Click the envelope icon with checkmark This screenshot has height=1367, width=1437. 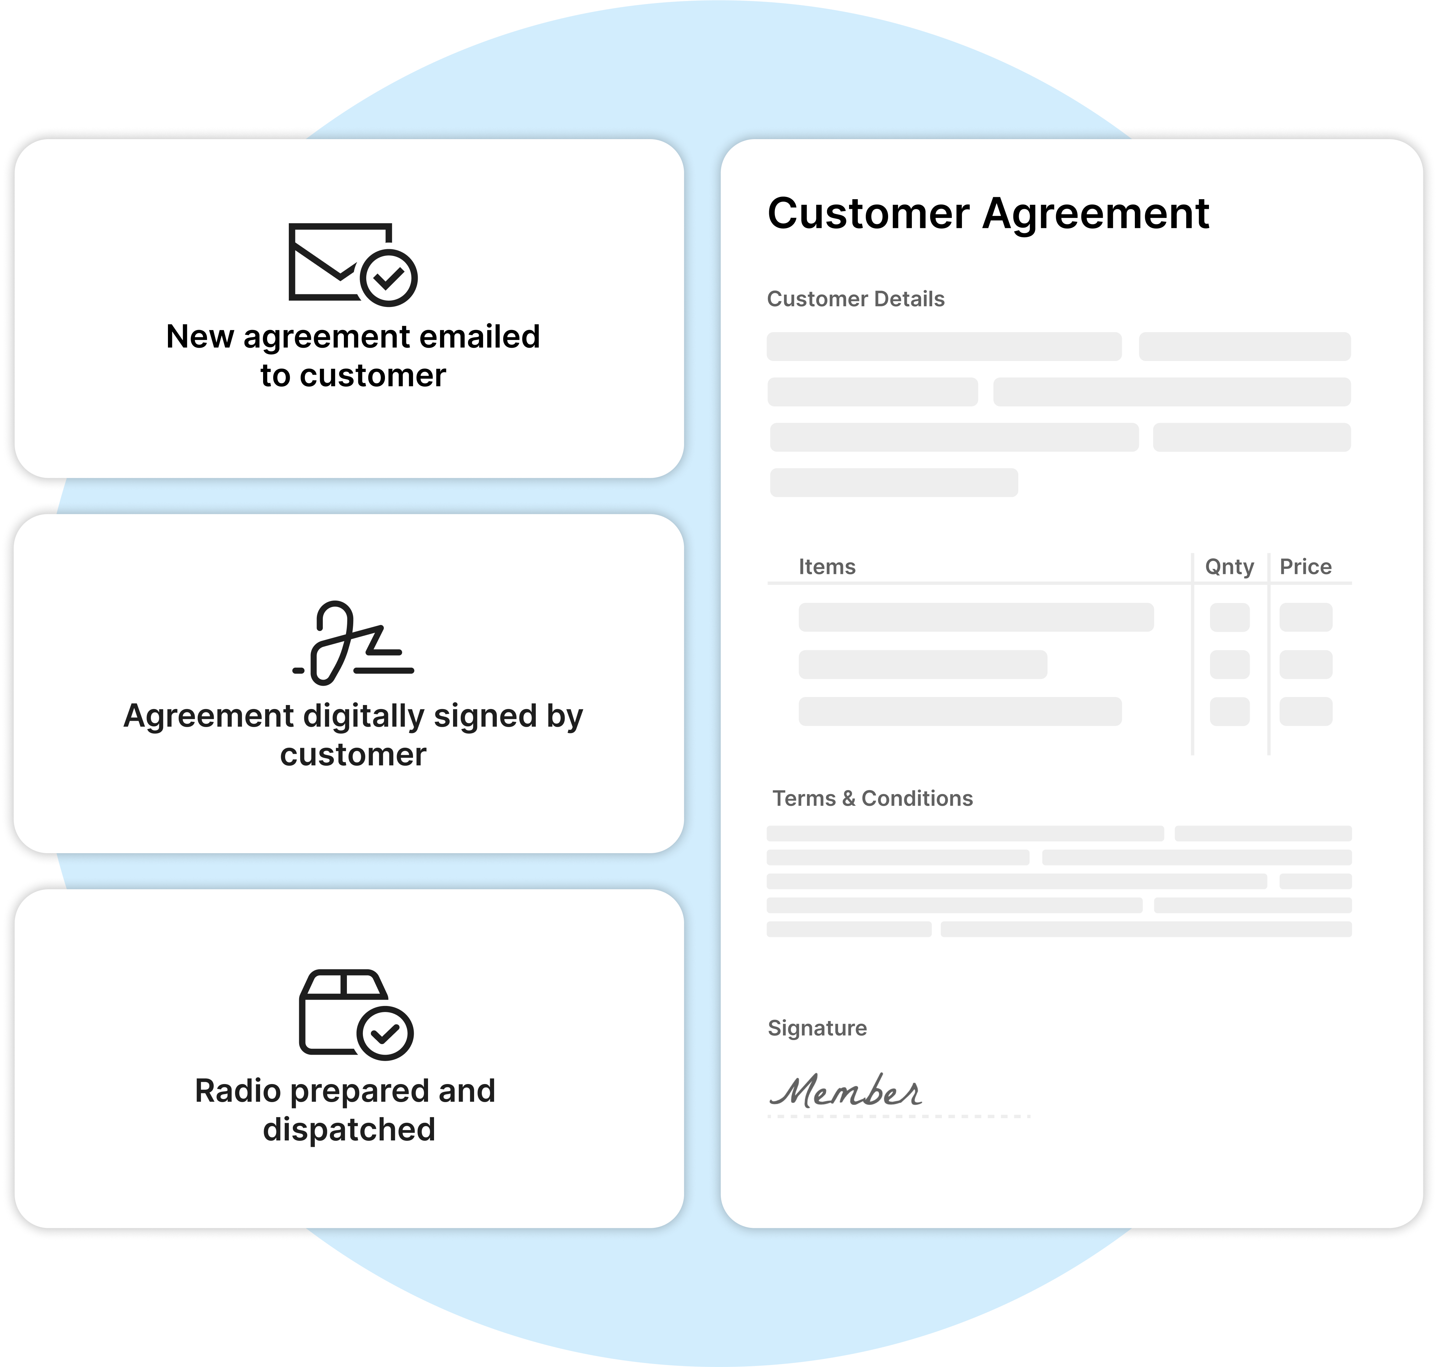(x=353, y=265)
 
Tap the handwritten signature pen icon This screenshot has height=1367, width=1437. (x=353, y=643)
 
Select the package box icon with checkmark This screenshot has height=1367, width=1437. (x=356, y=1014)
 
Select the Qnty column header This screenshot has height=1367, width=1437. (x=1229, y=567)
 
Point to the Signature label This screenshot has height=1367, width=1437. (x=817, y=1028)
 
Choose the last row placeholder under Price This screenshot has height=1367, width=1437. (x=1306, y=711)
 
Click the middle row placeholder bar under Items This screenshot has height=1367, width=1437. (x=923, y=665)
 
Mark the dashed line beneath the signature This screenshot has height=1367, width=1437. (x=899, y=1116)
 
